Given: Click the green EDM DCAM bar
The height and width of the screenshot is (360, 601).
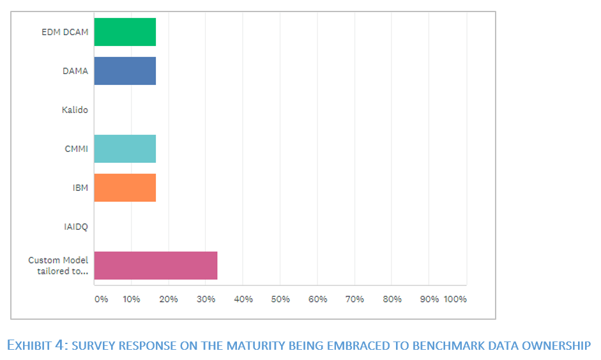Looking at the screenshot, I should [x=125, y=32].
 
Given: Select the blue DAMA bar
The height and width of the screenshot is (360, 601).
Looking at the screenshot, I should [x=125, y=71].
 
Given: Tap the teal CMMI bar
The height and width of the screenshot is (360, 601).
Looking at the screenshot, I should [x=125, y=149].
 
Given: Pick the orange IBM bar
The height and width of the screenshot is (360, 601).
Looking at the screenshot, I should [x=125, y=188].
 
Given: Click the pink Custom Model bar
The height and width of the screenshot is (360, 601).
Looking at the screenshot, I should [x=155, y=266].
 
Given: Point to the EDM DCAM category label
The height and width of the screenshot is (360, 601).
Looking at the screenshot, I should [x=65, y=32].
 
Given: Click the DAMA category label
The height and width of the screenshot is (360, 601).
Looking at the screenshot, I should [x=75, y=71].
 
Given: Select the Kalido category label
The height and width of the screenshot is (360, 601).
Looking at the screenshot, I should [x=75, y=110].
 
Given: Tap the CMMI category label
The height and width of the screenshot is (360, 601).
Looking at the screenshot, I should [x=76, y=149].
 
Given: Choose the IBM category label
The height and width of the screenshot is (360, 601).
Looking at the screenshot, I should [x=80, y=188].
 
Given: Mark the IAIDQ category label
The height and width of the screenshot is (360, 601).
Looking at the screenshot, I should [x=76, y=227].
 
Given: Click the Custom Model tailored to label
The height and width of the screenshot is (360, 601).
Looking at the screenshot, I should [x=58, y=266].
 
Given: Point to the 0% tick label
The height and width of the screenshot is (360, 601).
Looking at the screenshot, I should [x=101, y=299].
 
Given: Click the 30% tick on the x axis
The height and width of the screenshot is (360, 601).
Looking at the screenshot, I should [x=206, y=299].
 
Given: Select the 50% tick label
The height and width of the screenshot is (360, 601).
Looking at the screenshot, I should [x=280, y=299].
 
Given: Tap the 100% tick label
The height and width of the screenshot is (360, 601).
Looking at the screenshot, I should [x=455, y=299].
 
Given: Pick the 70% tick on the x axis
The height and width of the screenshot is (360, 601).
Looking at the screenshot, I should [x=354, y=299].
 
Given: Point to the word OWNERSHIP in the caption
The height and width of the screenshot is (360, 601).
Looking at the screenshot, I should [x=559, y=346].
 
